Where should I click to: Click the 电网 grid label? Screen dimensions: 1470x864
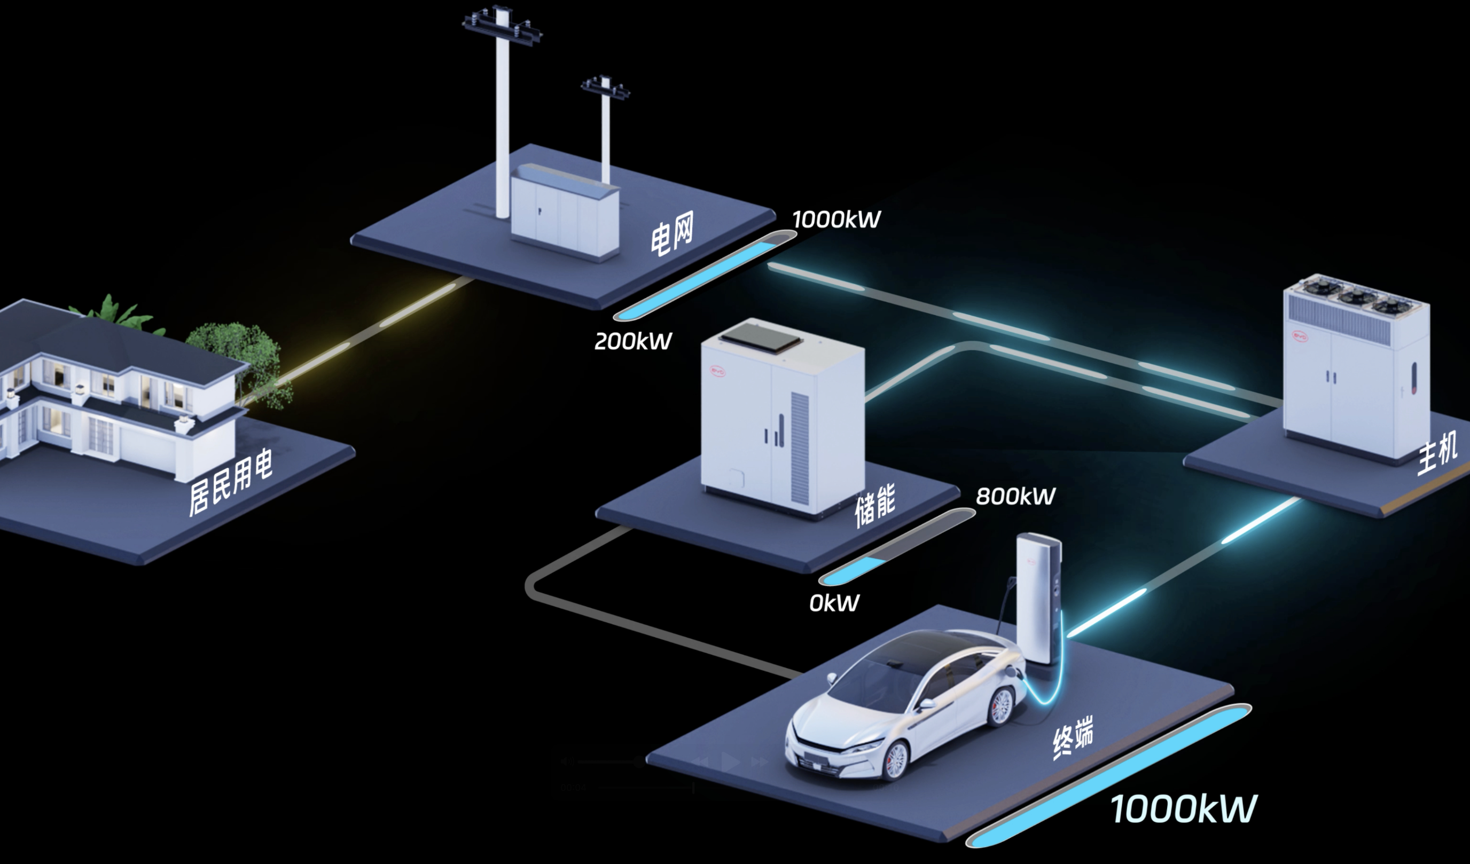point(672,233)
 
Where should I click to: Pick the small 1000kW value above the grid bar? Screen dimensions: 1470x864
point(836,219)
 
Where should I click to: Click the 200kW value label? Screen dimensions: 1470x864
point(633,341)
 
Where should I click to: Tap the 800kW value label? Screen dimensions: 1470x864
point(1015,496)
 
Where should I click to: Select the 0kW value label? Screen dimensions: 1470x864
point(834,603)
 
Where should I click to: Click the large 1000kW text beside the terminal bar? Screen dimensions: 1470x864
point(1183,809)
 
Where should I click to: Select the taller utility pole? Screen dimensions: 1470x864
point(502,111)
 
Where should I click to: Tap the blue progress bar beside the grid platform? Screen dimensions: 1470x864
point(705,276)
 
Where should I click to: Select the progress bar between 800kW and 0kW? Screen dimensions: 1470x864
point(897,547)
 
